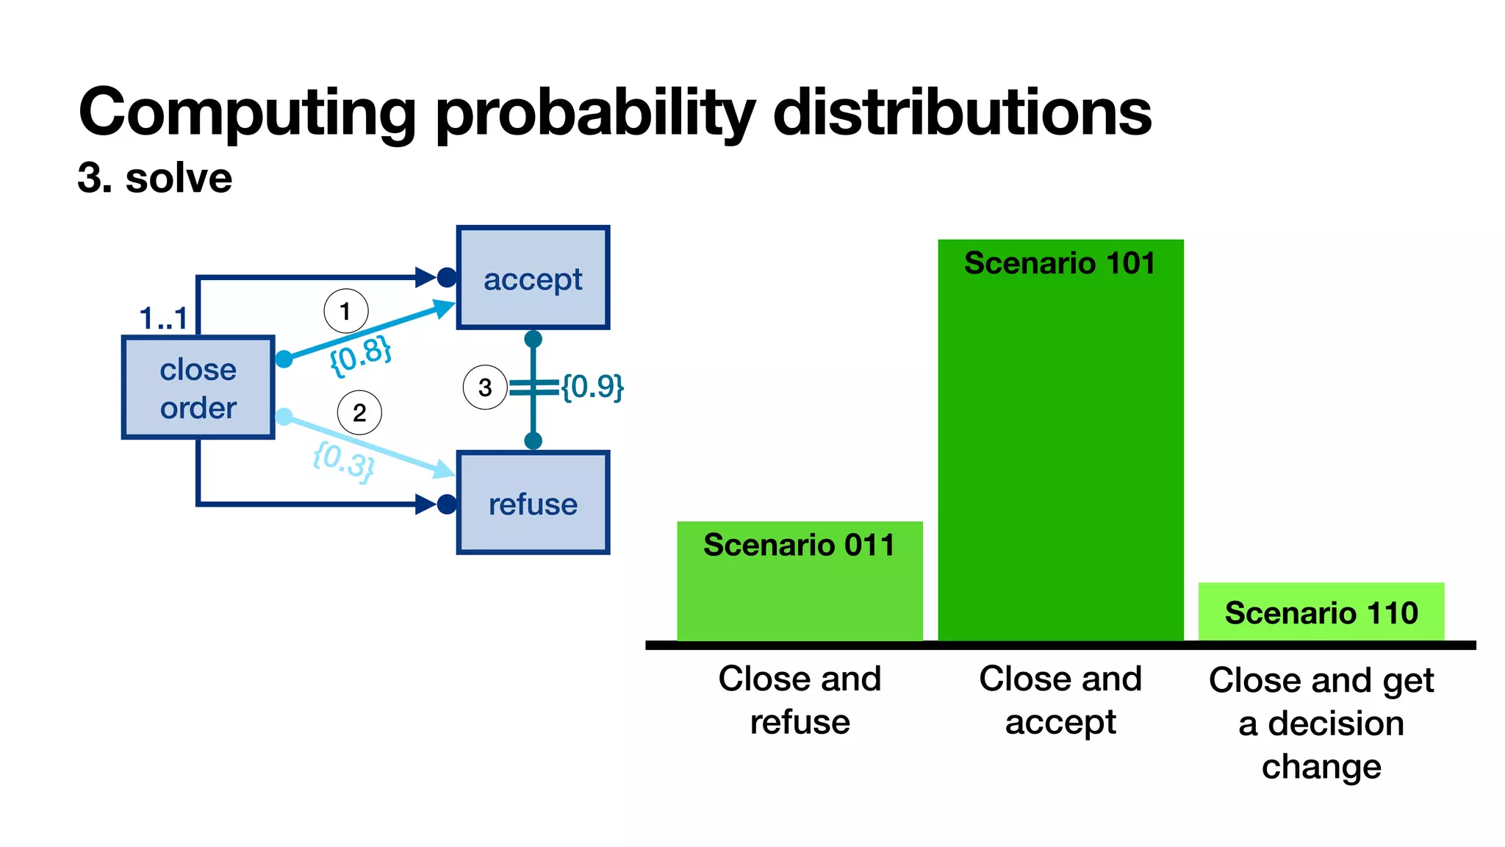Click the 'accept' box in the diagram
click(533, 278)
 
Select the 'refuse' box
click(533, 504)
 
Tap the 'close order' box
click(198, 388)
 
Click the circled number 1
click(345, 312)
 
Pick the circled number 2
click(359, 412)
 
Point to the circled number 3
click(485, 387)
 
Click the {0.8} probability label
click(360, 355)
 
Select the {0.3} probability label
click(343, 461)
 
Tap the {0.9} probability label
click(592, 386)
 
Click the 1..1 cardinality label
click(163, 318)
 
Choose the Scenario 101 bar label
click(1060, 263)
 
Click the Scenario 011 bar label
click(800, 545)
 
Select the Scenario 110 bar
click(1321, 612)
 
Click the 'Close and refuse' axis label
click(800, 700)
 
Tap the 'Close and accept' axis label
click(1060, 700)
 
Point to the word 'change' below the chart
click(1321, 767)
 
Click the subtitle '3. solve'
click(155, 178)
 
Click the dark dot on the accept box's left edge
click(446, 277)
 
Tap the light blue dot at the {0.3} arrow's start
click(284, 417)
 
